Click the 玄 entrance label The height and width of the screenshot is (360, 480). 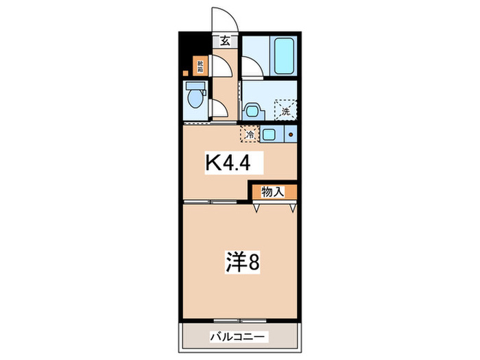point(224,41)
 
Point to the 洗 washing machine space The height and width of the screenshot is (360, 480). point(285,109)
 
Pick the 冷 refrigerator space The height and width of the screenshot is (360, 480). point(250,134)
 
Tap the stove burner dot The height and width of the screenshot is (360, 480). point(291,134)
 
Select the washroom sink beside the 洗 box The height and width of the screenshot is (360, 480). point(252,110)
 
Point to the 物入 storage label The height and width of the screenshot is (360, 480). point(272,192)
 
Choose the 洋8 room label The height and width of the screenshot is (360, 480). point(241,263)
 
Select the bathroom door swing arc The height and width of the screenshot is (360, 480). point(251,69)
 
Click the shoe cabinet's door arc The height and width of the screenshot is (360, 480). point(221,66)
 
